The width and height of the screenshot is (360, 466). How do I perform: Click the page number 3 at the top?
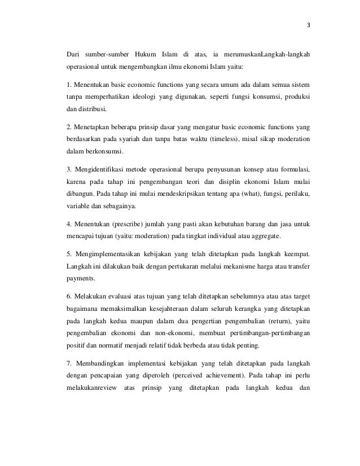point(308,24)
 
